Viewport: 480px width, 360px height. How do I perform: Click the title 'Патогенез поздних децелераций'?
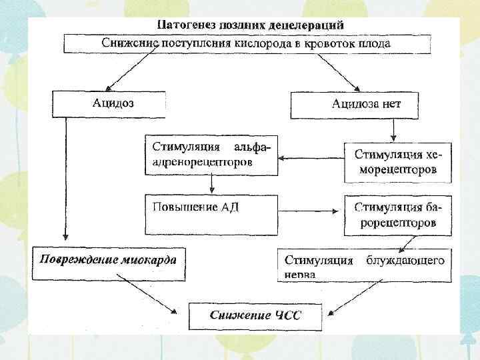(x=251, y=25)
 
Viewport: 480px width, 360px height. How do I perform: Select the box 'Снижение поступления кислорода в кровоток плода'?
(x=246, y=43)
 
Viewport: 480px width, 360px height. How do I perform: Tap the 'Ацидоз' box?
(x=108, y=104)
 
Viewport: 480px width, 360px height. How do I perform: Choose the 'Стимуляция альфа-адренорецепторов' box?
(x=211, y=155)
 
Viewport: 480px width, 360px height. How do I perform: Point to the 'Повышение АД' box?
(x=211, y=214)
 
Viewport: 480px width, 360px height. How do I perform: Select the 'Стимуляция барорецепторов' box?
(x=398, y=215)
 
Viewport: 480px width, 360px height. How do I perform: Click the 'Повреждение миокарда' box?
(x=109, y=261)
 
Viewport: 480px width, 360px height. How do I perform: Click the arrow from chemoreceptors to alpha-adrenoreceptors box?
(x=311, y=159)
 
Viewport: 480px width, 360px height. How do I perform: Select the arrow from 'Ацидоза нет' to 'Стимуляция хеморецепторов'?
(x=395, y=129)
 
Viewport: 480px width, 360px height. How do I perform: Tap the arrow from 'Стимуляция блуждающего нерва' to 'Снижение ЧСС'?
(x=353, y=297)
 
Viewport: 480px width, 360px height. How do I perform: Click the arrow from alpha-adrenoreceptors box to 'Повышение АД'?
(x=211, y=184)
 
